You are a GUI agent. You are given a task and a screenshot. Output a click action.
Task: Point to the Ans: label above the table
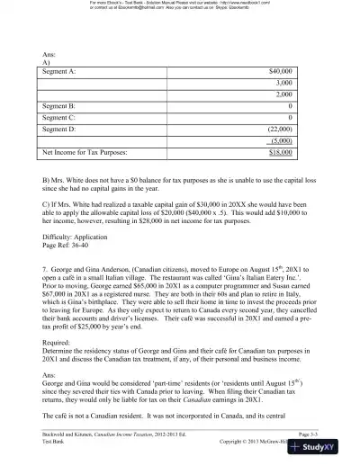tap(49, 52)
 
